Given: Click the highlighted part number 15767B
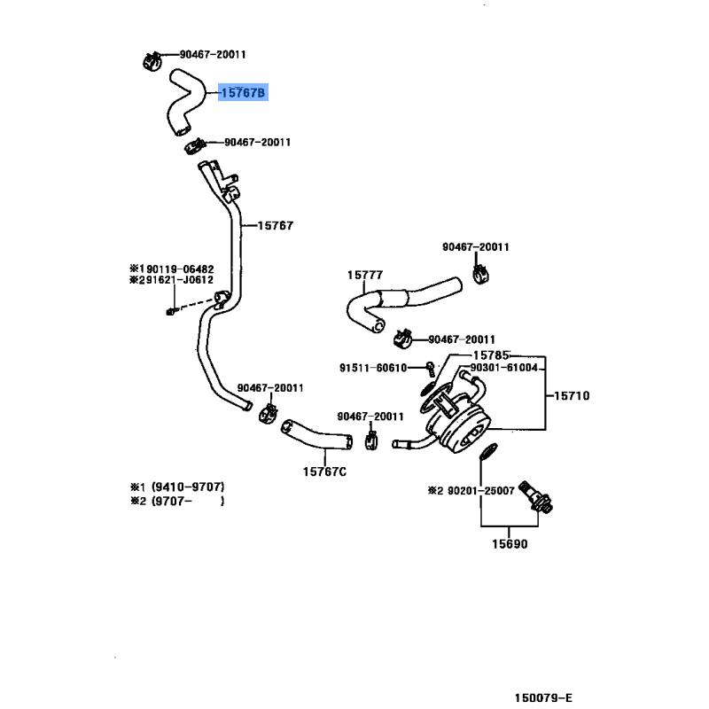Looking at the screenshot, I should point(243,91).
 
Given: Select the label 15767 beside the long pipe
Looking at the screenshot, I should point(275,226).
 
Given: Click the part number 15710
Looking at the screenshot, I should point(573,395).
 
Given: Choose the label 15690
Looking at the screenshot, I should point(510,543).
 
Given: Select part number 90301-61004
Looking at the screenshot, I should point(504,368).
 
